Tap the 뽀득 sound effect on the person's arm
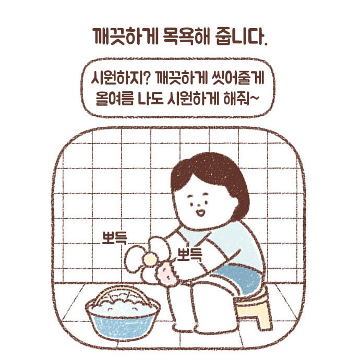190,254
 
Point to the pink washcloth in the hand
167,274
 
